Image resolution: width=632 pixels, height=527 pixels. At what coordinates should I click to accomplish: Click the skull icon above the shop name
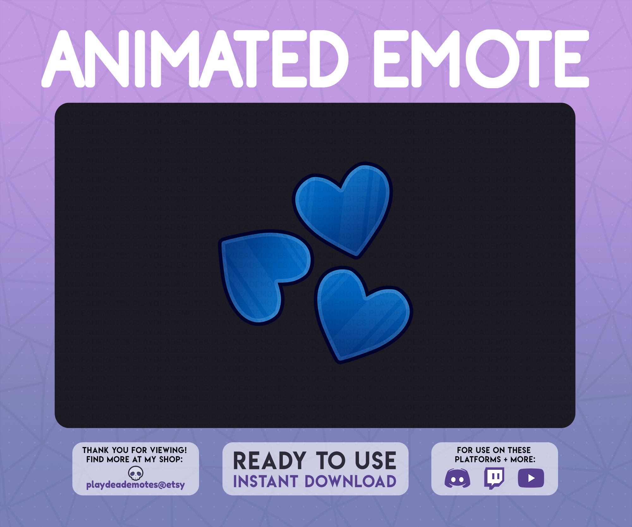(x=136, y=473)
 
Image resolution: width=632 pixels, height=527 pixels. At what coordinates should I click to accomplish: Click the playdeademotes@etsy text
(x=136, y=485)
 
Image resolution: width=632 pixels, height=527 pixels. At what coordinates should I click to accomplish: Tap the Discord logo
(x=457, y=478)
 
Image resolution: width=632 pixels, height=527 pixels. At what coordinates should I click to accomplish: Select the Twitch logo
(x=494, y=478)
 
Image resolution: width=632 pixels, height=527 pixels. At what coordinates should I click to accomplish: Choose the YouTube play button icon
(x=531, y=478)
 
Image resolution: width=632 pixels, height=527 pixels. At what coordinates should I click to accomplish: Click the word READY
(x=269, y=461)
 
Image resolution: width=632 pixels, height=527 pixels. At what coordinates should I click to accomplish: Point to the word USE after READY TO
(x=375, y=461)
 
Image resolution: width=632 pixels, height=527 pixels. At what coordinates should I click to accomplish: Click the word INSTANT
(x=265, y=481)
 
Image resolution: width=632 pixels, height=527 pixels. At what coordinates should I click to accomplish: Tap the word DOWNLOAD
(x=350, y=481)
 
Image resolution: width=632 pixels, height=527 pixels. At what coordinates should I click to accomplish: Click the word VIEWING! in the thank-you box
(x=169, y=450)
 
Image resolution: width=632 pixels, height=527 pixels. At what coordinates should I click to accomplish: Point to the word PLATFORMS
(x=478, y=459)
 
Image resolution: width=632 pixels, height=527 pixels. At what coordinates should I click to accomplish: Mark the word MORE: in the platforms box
(x=523, y=459)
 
